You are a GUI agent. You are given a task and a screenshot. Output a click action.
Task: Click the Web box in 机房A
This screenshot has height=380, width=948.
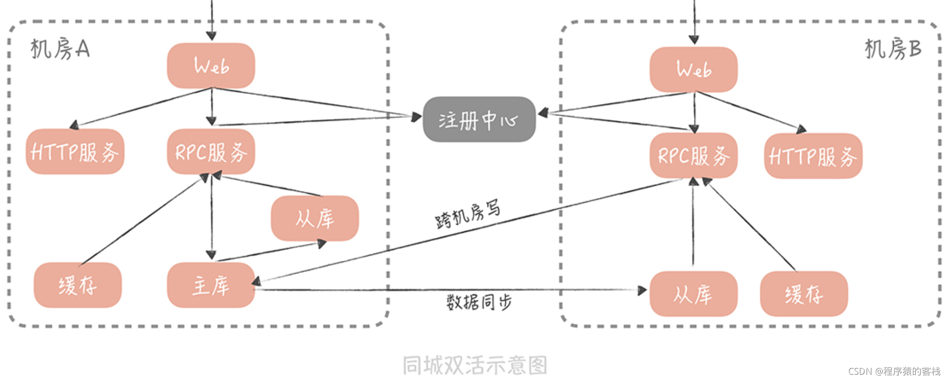(x=211, y=66)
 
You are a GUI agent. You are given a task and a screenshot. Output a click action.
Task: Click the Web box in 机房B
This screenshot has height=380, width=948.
(x=693, y=70)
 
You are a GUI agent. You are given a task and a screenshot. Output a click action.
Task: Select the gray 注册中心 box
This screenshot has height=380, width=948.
(x=479, y=119)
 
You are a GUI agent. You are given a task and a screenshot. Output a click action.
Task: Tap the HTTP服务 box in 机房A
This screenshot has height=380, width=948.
(x=75, y=152)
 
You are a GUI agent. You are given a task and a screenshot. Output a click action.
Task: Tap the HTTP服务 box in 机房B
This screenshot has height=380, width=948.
(x=813, y=156)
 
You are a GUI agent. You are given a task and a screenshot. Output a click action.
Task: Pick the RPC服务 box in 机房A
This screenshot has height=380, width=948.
(x=211, y=152)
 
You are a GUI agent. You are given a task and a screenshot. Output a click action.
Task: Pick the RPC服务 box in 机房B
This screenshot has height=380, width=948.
(x=693, y=155)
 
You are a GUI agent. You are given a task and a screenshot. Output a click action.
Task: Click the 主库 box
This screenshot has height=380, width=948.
(x=211, y=285)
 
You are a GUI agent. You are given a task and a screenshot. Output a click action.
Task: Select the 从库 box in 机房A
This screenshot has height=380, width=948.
(x=315, y=218)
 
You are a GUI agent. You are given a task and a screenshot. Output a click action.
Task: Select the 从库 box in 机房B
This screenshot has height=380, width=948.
(x=693, y=294)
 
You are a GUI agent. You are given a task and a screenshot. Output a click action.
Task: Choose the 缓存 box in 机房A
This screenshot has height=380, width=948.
(x=77, y=285)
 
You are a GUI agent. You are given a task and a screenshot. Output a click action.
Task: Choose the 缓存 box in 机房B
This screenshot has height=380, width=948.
(x=803, y=294)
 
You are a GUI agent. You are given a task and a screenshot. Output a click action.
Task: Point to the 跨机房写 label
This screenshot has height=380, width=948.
(x=468, y=214)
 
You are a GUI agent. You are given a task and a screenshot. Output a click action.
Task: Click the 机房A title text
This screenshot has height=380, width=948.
(x=60, y=49)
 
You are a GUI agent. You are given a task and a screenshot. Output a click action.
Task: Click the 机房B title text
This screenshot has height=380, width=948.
(x=893, y=49)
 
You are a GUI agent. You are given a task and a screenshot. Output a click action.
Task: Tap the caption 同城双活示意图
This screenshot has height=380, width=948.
(x=474, y=365)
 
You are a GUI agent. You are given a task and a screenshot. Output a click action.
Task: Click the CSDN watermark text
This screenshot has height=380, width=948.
(x=894, y=371)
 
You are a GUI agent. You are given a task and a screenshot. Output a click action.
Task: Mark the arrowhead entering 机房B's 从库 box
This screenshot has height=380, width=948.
(x=643, y=290)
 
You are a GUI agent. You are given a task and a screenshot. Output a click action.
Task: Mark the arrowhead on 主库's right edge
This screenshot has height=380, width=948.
(x=256, y=281)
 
